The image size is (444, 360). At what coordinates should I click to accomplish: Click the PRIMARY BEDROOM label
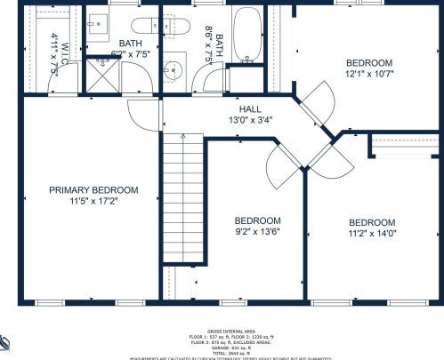[x=93, y=190]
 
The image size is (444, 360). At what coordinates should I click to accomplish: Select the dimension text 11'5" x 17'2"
[x=93, y=202]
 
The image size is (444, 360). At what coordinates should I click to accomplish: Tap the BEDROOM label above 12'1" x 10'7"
[x=368, y=63]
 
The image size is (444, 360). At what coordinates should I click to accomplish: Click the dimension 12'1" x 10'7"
[x=368, y=75]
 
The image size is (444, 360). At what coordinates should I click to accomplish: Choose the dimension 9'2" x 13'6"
[x=257, y=233]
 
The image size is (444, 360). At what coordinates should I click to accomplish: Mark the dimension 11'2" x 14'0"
[x=371, y=234]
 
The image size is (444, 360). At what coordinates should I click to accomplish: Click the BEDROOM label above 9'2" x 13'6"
[x=257, y=221]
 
